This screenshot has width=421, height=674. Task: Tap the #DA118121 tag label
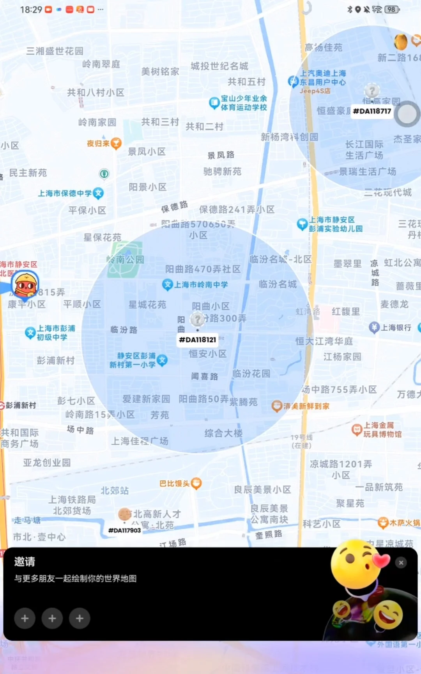pos(197,340)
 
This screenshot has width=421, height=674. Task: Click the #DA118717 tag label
pos(372,111)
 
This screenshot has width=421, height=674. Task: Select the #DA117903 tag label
pos(124,530)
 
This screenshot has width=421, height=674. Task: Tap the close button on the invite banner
pos(401,562)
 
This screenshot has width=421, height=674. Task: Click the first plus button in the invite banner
pos(25,618)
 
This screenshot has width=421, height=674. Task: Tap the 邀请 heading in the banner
pos(25,562)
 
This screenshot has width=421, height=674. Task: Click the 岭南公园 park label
pos(126,260)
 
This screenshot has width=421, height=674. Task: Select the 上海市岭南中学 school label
pos(201,285)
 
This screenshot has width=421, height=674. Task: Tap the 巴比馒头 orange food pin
pos(196,483)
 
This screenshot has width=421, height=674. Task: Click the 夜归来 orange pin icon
pos(116,143)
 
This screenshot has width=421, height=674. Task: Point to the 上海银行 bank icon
pos(374,327)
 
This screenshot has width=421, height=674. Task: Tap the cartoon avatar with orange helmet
pos(25,285)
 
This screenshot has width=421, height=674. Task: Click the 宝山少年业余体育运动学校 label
pos(244,103)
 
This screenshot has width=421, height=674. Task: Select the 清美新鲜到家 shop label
pos(306,406)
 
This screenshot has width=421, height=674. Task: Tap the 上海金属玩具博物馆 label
pos(382,429)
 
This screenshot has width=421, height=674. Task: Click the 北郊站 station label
pos(115,491)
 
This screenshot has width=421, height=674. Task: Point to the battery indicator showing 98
pos(391,9)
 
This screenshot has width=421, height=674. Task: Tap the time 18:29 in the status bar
pos(31,9)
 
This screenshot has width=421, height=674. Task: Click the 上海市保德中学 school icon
pos(98,193)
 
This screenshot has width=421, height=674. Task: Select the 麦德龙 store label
pos(394,304)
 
